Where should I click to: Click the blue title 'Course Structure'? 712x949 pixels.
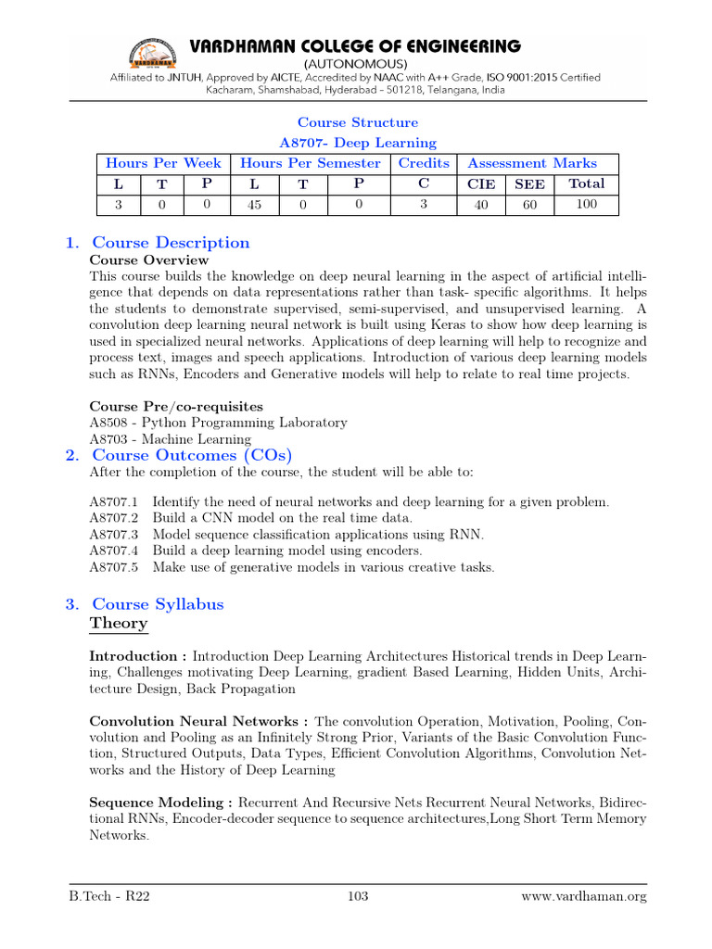tap(357, 122)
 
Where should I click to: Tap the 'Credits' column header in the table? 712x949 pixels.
tap(424, 163)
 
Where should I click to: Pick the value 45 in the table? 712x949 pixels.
tap(254, 205)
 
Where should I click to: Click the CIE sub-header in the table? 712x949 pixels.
tap(481, 184)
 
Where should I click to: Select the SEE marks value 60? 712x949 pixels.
tap(529, 205)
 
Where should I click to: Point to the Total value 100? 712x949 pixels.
tap(586, 204)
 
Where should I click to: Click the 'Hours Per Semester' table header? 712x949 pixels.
tap(310, 163)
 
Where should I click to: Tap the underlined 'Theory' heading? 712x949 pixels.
tap(118, 624)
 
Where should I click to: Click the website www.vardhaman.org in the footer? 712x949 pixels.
tap(583, 896)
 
